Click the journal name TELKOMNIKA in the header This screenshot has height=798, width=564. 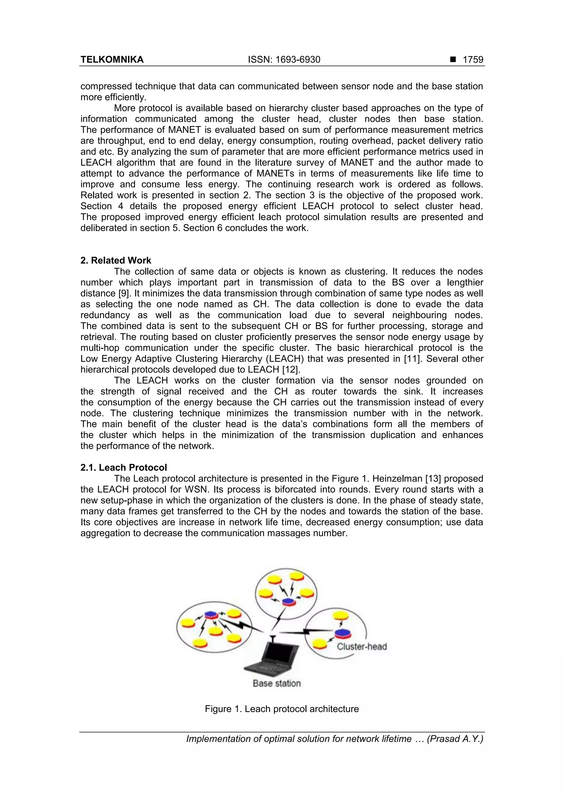(x=112, y=60)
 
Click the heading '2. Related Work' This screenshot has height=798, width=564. (x=116, y=260)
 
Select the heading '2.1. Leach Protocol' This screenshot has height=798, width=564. (x=124, y=467)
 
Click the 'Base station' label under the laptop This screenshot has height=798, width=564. (x=276, y=683)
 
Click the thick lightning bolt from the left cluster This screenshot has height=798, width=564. (x=242, y=626)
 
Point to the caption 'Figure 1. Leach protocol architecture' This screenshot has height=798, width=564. (x=281, y=709)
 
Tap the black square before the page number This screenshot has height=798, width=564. (x=453, y=60)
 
